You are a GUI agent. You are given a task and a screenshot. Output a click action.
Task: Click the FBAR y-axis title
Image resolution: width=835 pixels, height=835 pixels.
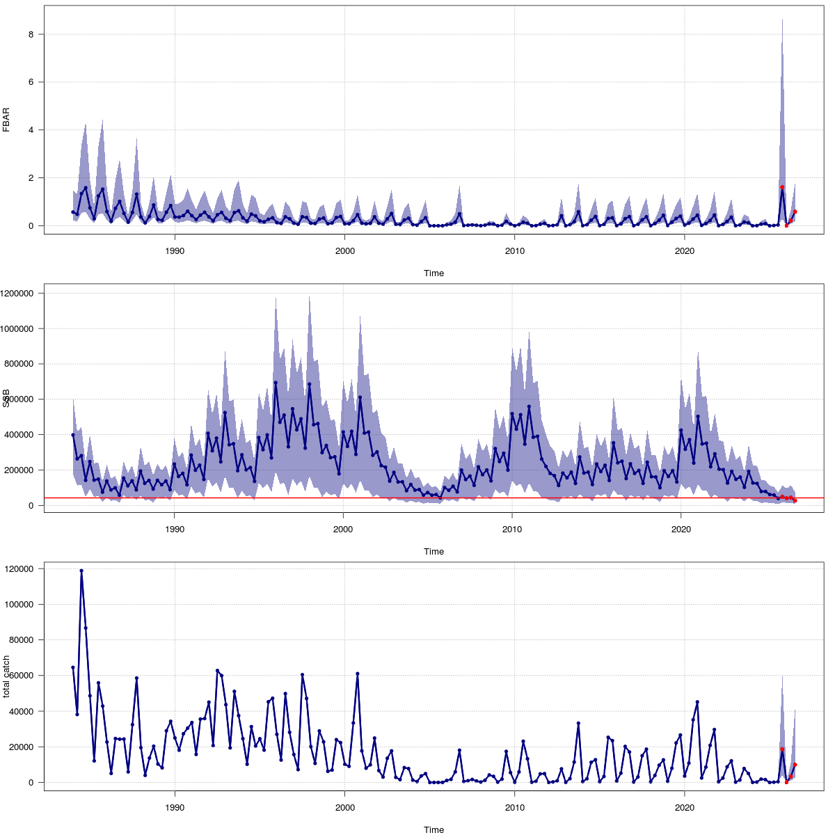6,120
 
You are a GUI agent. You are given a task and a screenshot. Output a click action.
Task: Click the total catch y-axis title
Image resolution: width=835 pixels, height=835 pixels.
6,676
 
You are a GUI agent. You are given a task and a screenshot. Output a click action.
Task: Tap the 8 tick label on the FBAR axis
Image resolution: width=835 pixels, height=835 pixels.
22,34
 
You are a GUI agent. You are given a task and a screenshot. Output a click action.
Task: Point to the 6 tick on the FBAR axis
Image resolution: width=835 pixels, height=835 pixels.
22,82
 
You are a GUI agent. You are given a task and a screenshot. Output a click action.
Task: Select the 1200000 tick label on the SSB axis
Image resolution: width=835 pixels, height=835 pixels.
19,294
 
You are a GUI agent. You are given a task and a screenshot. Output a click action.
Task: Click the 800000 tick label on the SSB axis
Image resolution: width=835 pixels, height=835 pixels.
22,364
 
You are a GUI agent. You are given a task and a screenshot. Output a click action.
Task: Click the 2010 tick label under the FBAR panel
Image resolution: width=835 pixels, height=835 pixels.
514,251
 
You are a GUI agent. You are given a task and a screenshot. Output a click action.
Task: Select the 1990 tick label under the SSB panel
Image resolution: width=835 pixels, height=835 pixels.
174,530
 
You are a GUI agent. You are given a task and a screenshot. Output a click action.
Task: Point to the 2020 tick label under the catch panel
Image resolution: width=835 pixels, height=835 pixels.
685,808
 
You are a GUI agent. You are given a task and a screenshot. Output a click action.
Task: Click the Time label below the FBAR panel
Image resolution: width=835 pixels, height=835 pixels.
434,273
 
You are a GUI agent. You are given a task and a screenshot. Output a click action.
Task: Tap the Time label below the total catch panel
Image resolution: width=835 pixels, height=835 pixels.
434,829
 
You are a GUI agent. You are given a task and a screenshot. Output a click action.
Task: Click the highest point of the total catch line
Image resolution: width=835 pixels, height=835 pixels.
81,571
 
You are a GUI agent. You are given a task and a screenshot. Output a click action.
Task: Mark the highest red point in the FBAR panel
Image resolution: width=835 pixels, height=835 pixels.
782,187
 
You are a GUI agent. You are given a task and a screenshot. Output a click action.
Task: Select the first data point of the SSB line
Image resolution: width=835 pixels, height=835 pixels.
73,435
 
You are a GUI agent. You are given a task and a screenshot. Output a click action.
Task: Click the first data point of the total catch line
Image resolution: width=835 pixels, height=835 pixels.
73,667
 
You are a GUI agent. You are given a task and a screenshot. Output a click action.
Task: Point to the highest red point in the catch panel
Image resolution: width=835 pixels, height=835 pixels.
782,749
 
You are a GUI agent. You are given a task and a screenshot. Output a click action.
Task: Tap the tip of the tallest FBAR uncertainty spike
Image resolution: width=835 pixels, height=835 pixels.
782,20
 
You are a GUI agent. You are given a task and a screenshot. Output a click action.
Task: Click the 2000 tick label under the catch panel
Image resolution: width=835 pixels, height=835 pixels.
344,808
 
